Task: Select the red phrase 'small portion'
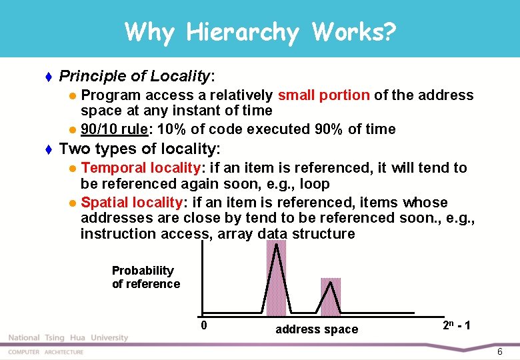(x=323, y=95)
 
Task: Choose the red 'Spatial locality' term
(x=131, y=202)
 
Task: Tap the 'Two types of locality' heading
(x=139, y=148)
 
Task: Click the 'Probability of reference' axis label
(x=145, y=277)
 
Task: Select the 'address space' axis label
(x=317, y=329)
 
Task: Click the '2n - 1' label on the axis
(x=457, y=325)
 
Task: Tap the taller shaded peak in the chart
(x=276, y=277)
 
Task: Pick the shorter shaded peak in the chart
(x=331, y=296)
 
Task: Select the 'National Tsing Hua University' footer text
(x=68, y=338)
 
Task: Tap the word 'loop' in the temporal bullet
(x=315, y=183)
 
